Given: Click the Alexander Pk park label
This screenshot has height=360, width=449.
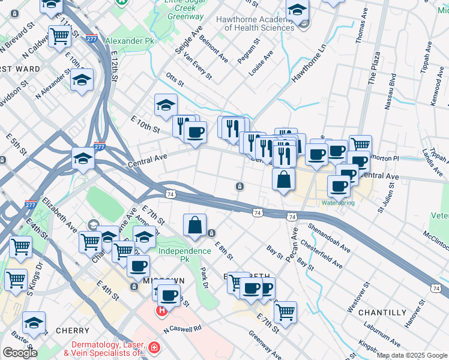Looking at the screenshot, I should tap(130, 40).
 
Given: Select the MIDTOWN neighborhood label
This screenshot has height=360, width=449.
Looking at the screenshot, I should tap(163, 281).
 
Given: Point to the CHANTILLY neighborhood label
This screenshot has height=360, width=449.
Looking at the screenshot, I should tap(382, 313).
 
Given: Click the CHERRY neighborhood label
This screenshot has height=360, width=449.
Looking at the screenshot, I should tap(72, 331).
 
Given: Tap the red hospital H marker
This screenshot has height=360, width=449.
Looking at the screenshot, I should tap(161, 311).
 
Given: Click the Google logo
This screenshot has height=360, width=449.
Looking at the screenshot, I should tap(19, 353).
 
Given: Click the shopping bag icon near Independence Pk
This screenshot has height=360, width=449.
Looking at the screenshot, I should tap(194, 226).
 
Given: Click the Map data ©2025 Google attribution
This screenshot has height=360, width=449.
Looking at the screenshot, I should tap(412, 355).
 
